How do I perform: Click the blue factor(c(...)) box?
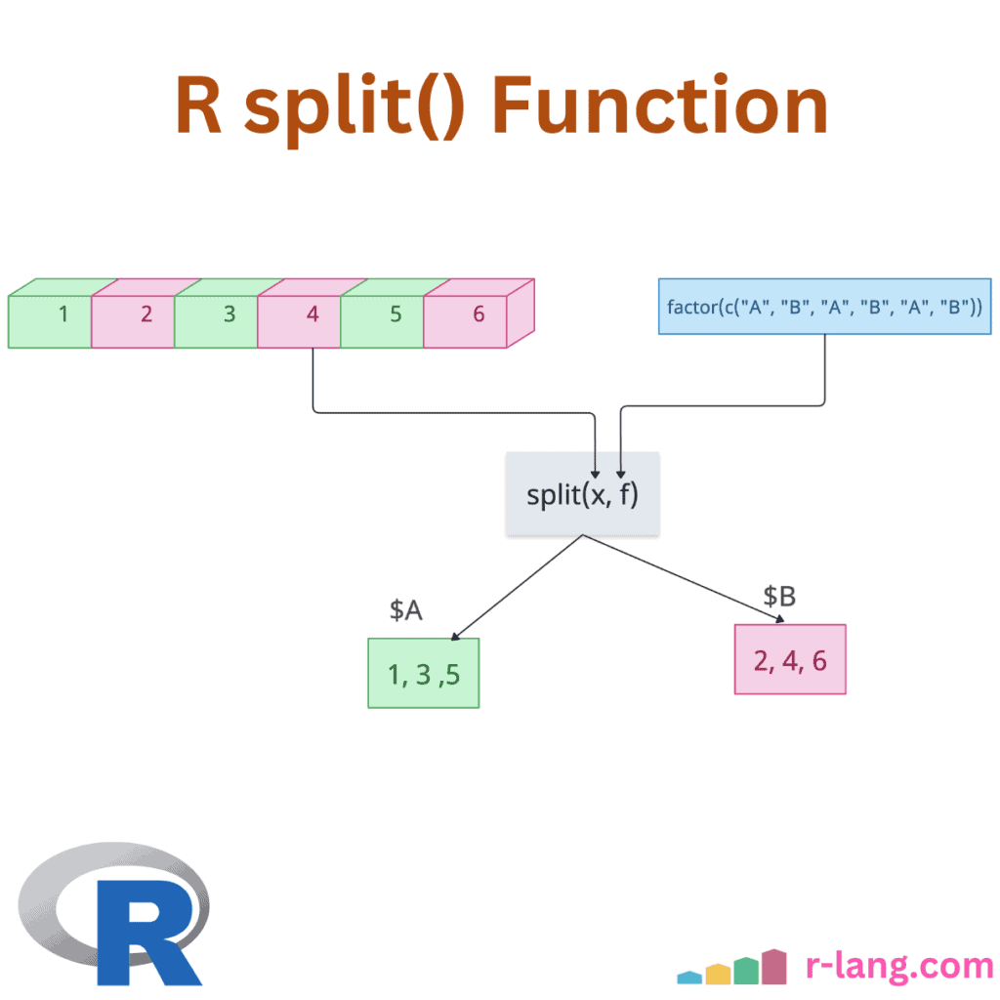pyautogui.click(x=825, y=307)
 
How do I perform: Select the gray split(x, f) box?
pyautogui.click(x=582, y=494)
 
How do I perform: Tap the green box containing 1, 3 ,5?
pyautogui.click(x=423, y=673)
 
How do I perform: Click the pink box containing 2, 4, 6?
pyautogui.click(x=790, y=660)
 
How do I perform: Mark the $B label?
pyautogui.click(x=779, y=596)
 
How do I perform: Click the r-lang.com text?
pyautogui.click(x=898, y=966)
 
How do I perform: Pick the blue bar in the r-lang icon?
pyautogui.click(x=689, y=977)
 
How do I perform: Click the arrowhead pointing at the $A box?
pyautogui.click(x=453, y=636)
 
